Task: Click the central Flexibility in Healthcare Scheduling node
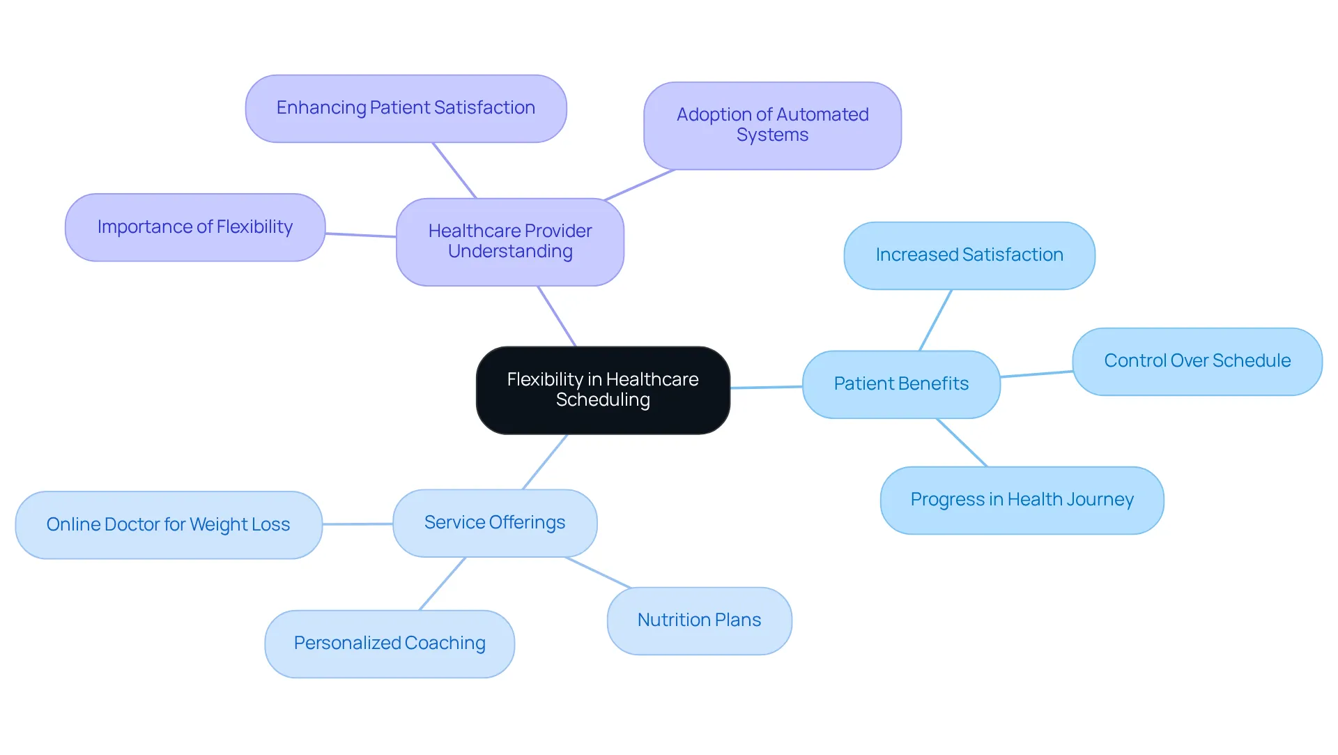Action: point(603,390)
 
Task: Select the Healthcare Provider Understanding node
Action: point(510,242)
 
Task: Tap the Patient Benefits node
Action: point(901,384)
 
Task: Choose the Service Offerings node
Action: point(495,523)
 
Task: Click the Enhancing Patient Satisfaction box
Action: point(406,109)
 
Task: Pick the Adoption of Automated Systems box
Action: point(772,125)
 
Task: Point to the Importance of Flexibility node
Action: point(195,227)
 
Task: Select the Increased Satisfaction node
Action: point(969,256)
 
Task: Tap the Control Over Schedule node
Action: point(1197,361)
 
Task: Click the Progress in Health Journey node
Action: point(1022,500)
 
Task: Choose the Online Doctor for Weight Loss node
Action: point(169,525)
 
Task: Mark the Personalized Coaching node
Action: point(390,643)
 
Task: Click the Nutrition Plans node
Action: point(699,620)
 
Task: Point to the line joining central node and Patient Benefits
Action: point(767,387)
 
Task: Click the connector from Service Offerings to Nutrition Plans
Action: point(598,572)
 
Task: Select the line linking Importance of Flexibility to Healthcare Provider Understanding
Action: point(360,235)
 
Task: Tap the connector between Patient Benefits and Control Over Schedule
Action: point(1036,374)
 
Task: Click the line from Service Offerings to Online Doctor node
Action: point(357,524)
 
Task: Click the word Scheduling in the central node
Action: point(603,400)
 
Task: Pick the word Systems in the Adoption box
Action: point(772,135)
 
